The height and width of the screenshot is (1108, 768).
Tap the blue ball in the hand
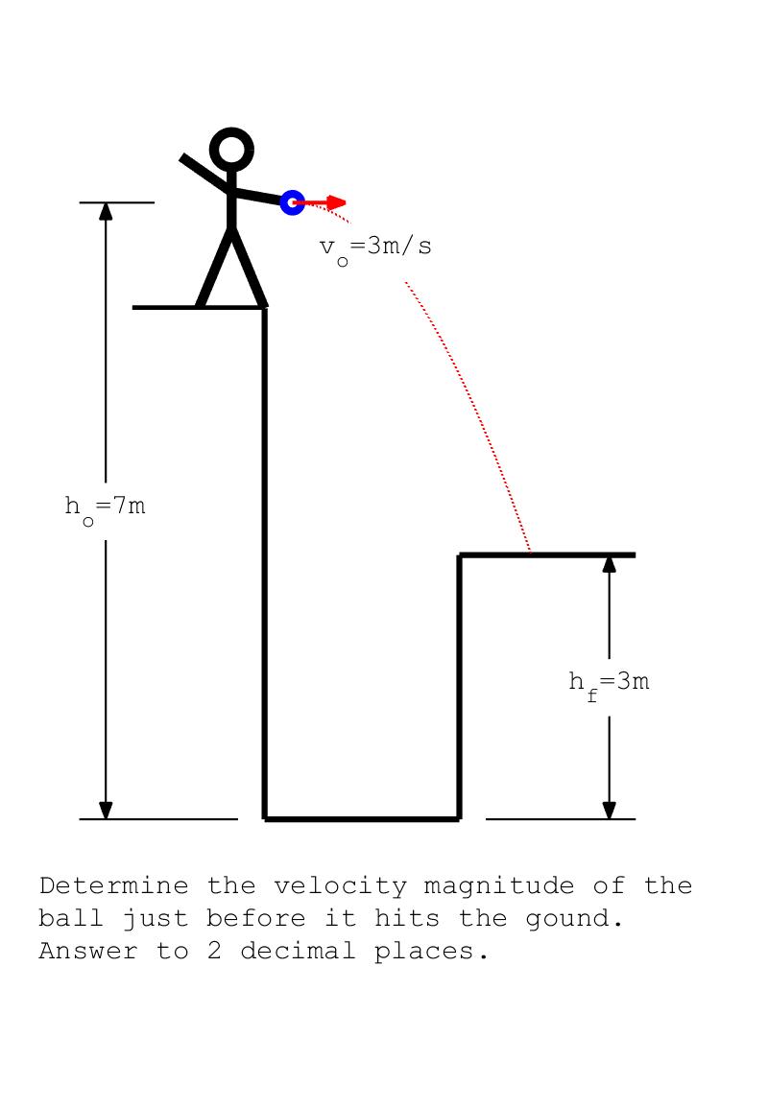click(x=292, y=202)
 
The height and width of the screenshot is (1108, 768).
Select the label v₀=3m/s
click(x=375, y=248)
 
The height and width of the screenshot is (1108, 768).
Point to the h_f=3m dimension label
click(x=609, y=683)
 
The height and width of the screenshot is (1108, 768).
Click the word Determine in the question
click(x=113, y=885)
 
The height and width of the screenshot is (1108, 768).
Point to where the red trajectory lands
click(x=531, y=554)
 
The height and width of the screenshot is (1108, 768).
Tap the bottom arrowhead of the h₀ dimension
click(x=106, y=810)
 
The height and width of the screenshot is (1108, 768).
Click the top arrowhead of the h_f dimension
click(x=609, y=564)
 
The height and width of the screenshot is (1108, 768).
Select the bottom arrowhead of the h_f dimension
click(x=609, y=810)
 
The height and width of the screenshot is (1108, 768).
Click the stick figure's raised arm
click(x=204, y=172)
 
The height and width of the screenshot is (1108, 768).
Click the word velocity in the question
click(x=340, y=885)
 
